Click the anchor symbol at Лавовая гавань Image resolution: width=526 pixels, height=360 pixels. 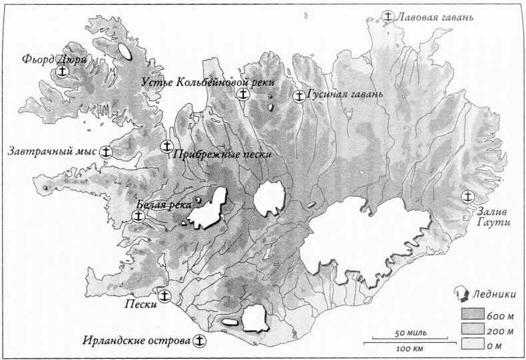click(388, 17)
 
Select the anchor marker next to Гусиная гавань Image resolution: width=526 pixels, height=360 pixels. click(300, 96)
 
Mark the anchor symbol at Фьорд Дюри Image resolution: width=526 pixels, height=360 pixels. click(63, 71)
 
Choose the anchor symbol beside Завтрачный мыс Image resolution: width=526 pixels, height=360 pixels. click(106, 152)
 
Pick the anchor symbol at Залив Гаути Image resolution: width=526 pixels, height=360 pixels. click(468, 197)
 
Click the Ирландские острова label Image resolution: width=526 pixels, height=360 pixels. click(136, 341)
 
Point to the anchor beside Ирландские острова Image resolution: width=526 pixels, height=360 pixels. click(198, 341)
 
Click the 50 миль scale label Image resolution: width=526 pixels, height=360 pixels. click(406, 332)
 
